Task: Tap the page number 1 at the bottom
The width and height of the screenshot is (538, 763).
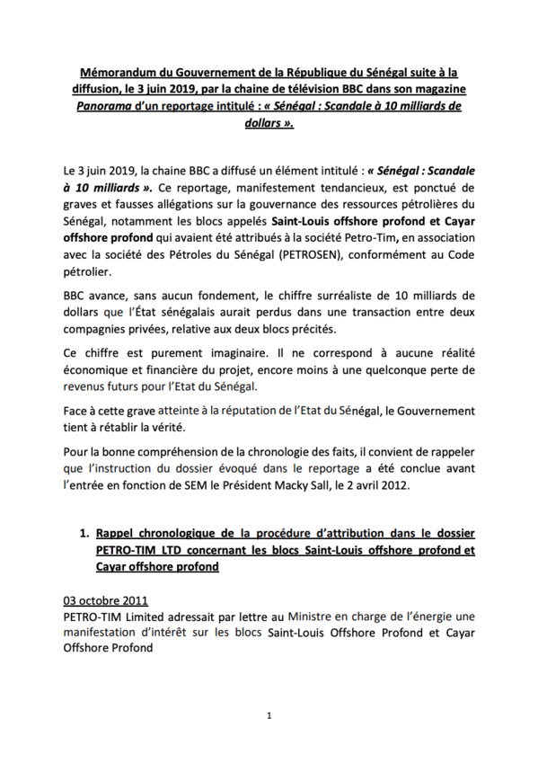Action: pyautogui.click(x=269, y=715)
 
